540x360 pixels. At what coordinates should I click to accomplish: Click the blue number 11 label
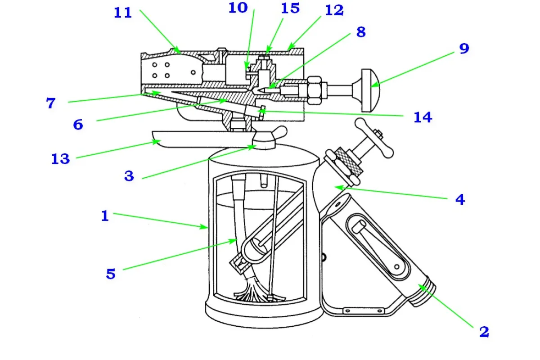[123, 13]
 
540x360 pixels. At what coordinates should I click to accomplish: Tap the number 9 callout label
[464, 49]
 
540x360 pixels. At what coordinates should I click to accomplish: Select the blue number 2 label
[484, 332]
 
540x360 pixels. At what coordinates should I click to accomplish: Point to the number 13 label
[60, 159]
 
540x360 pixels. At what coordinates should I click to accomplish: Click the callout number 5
[111, 274]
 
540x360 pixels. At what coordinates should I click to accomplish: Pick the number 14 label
[423, 117]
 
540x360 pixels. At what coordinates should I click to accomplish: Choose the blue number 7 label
[50, 103]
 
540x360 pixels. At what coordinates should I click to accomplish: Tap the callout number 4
[460, 199]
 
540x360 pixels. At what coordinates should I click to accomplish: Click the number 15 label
[290, 8]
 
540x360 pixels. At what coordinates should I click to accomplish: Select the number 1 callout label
[104, 216]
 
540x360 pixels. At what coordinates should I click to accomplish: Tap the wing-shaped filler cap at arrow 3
[268, 138]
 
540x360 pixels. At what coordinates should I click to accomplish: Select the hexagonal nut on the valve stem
[315, 90]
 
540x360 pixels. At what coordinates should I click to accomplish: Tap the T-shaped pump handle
[374, 138]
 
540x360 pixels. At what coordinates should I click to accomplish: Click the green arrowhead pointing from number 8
[272, 86]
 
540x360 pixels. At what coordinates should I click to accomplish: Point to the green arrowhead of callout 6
[223, 100]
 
